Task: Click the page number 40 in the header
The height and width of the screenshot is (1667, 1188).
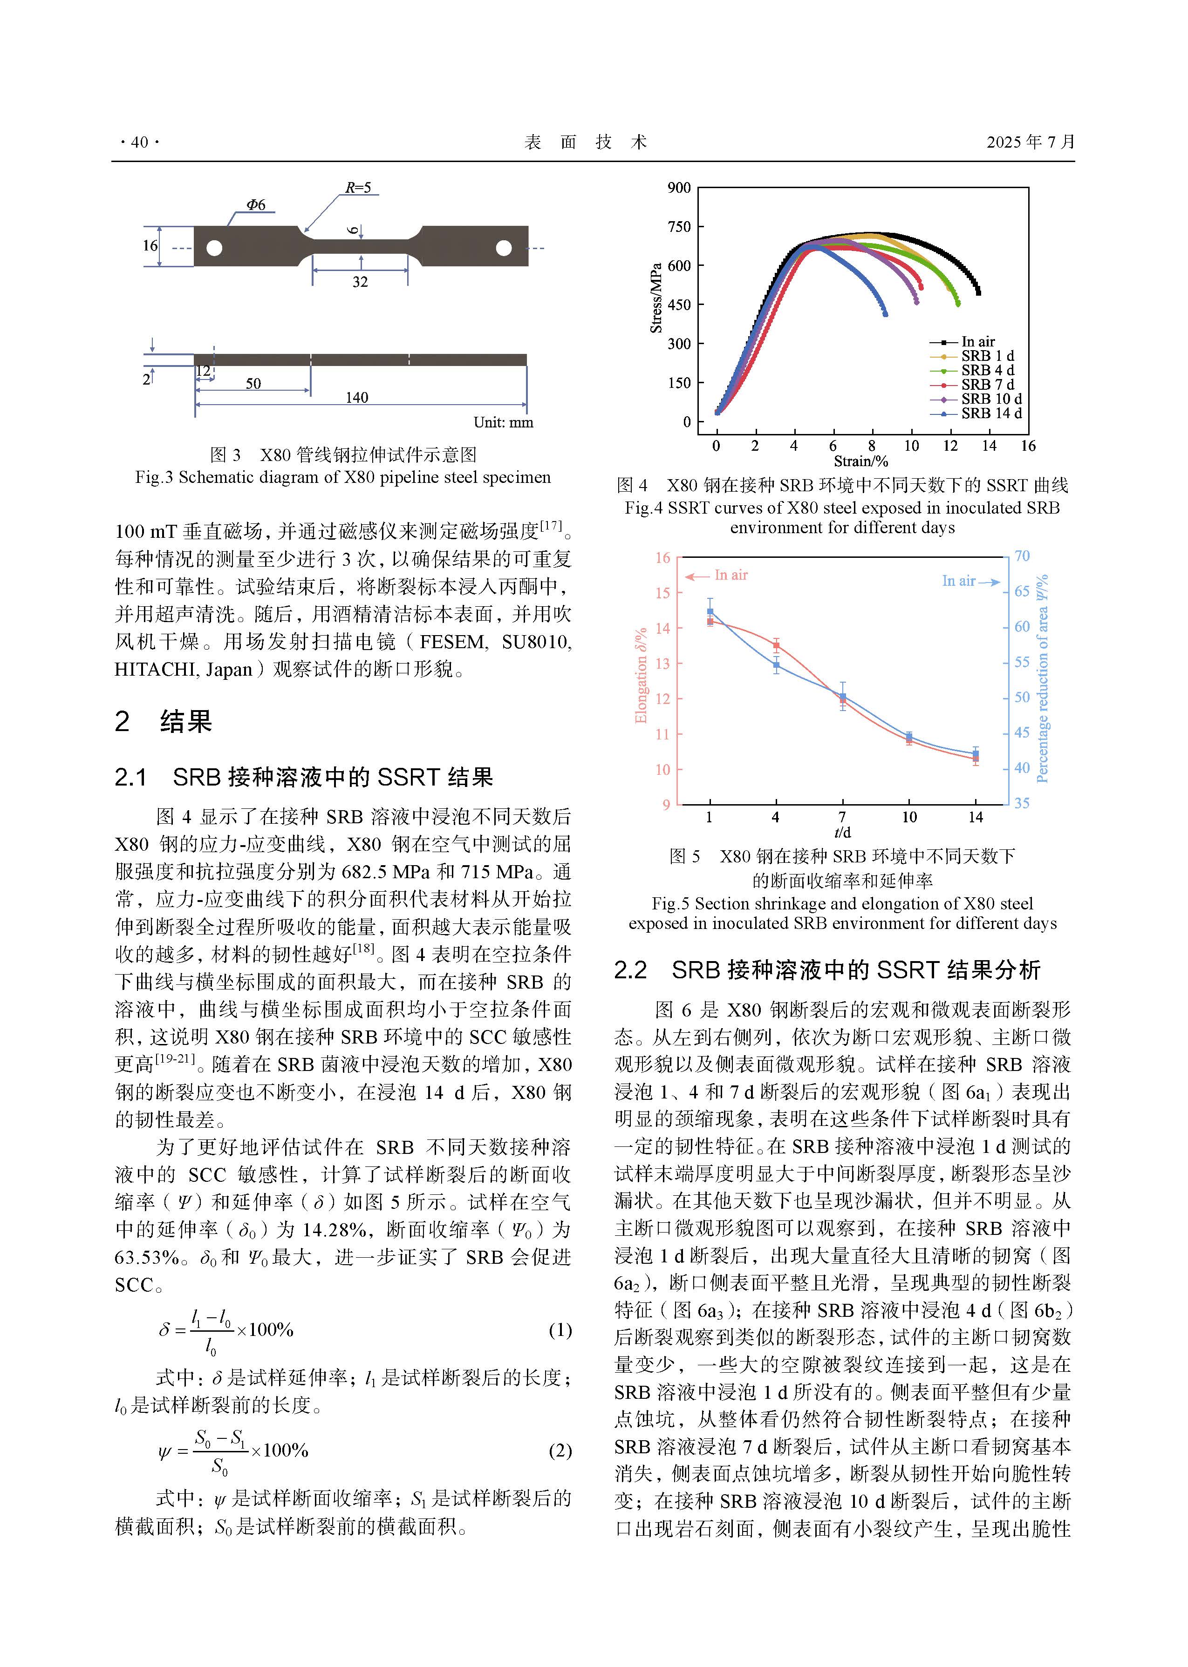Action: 139,142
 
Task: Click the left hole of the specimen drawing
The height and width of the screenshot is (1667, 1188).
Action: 214,248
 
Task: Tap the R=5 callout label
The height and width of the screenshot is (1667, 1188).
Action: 358,188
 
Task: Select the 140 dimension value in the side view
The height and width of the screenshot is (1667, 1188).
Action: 357,398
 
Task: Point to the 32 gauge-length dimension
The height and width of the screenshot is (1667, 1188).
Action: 360,282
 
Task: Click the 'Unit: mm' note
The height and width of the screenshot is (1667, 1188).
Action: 503,423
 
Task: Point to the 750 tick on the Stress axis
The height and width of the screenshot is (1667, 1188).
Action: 679,227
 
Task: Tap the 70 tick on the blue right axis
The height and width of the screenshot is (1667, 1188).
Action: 1022,556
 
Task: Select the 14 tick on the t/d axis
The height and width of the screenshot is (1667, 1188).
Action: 976,817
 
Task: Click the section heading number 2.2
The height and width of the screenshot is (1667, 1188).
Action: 631,970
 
